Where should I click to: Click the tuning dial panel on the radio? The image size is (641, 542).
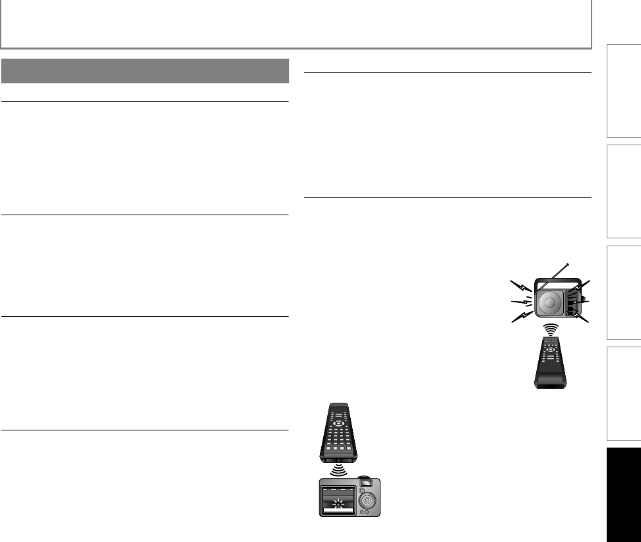[x=574, y=303]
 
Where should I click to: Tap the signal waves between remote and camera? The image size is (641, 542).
[x=338, y=469]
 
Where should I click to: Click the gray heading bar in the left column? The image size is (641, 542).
[x=145, y=71]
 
